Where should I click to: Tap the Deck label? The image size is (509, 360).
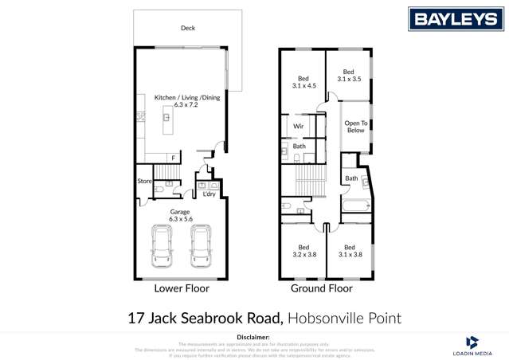tap(187, 28)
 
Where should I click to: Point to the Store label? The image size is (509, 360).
tap(144, 182)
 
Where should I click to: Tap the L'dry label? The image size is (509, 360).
tap(209, 194)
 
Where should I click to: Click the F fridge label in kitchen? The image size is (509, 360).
tap(173, 158)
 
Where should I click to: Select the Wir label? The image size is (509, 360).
tap(299, 127)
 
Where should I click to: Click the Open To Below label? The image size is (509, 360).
tap(355, 127)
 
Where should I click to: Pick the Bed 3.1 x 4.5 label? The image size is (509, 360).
tap(303, 82)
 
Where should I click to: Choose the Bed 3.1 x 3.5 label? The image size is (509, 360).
tap(348, 76)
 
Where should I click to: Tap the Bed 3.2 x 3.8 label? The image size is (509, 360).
tap(303, 251)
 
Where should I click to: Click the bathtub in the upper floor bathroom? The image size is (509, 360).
tap(355, 207)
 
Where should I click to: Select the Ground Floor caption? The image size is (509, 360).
tap(321, 289)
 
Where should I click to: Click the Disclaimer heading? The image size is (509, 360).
tap(254, 338)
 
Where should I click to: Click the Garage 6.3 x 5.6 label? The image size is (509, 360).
tap(181, 215)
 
